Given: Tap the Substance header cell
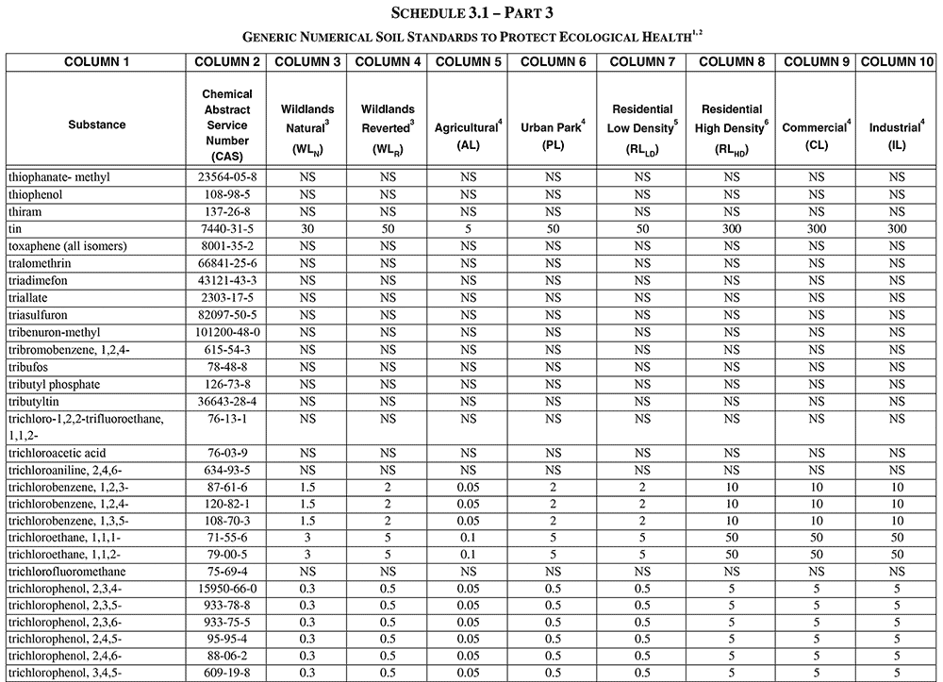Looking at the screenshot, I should tap(96, 125).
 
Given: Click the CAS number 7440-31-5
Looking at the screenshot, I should tap(227, 229).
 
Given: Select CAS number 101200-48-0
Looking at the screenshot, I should tap(227, 333).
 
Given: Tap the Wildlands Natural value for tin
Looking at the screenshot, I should tap(307, 229).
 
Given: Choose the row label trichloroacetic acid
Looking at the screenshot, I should tap(57, 453).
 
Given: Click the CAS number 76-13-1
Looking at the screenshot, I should tap(227, 419).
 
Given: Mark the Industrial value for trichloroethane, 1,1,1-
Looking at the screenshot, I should tap(896, 538).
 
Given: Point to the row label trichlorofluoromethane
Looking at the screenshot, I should tap(67, 573).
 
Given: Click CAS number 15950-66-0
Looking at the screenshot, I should tap(227, 590).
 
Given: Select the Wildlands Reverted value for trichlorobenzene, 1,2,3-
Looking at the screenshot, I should tap(388, 487).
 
